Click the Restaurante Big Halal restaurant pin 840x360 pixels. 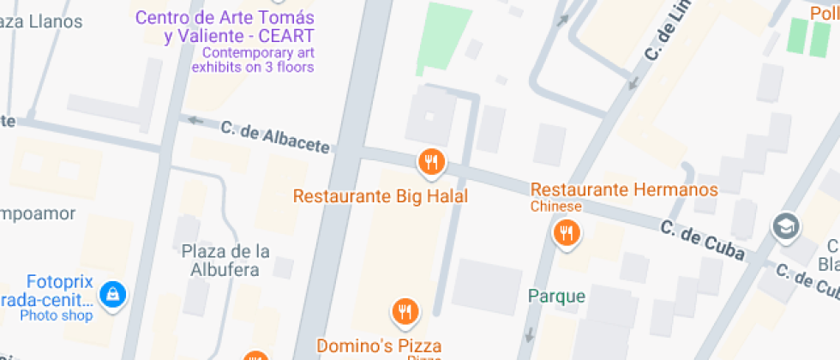pos(431,161)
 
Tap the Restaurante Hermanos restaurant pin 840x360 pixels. pos(566,231)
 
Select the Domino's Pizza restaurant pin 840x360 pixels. pos(405,311)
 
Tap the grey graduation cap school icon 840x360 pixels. pos(784,226)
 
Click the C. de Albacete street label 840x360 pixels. pos(275,138)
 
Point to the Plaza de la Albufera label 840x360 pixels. pos(225,261)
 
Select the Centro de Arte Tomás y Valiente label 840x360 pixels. pos(225,27)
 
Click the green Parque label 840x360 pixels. pos(556,297)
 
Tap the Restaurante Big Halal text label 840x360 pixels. pos(381,196)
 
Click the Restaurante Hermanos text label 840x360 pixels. pos(624,189)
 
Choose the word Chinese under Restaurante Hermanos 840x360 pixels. pos(555,207)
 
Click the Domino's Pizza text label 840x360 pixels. pos(379,346)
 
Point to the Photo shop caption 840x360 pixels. pos(56,315)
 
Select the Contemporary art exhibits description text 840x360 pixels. pos(253,59)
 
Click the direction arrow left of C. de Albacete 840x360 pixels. pos(196,121)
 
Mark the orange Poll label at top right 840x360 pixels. pos(825,12)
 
